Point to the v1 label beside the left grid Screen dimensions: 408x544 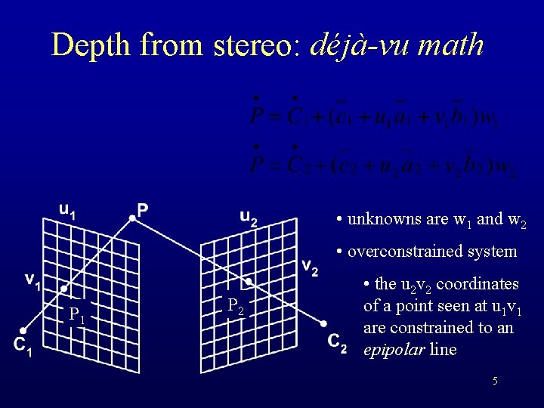[32, 280]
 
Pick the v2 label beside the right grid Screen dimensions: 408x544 [310, 266]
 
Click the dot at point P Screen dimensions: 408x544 [131, 218]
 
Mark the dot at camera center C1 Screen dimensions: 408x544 [23, 331]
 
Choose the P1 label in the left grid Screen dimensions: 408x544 [76, 314]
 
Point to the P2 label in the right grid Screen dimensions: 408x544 [236, 307]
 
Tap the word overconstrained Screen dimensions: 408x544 [405, 252]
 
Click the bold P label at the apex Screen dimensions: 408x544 [142, 209]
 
